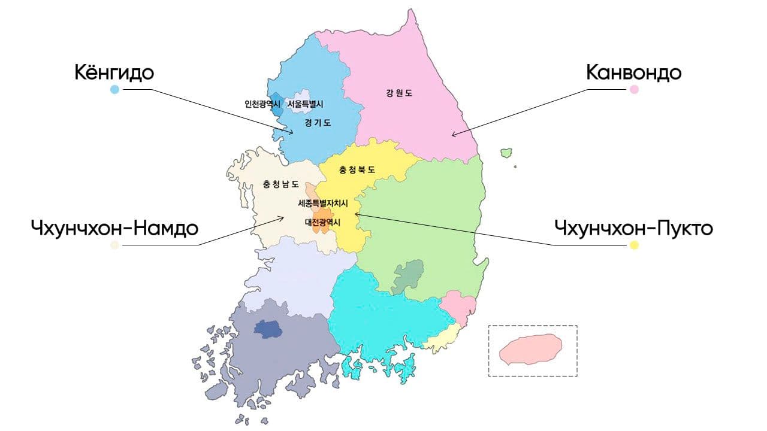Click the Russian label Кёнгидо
[x=114, y=72]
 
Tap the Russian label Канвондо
[x=633, y=72]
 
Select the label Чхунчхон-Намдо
[x=114, y=228]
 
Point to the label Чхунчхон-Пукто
[x=633, y=228]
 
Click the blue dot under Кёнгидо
[x=114, y=90]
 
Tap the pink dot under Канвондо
[x=634, y=90]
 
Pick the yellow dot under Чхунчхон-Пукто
[x=634, y=245]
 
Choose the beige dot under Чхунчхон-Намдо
[x=114, y=245]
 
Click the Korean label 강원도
[x=399, y=93]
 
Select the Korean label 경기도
[x=317, y=123]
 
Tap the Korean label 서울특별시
[x=305, y=103]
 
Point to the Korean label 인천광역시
[x=262, y=103]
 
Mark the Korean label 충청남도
[x=280, y=184]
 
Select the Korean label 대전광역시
[x=322, y=222]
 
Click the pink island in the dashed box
[x=531, y=350]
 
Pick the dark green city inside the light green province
[x=408, y=276]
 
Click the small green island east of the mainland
[x=507, y=153]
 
